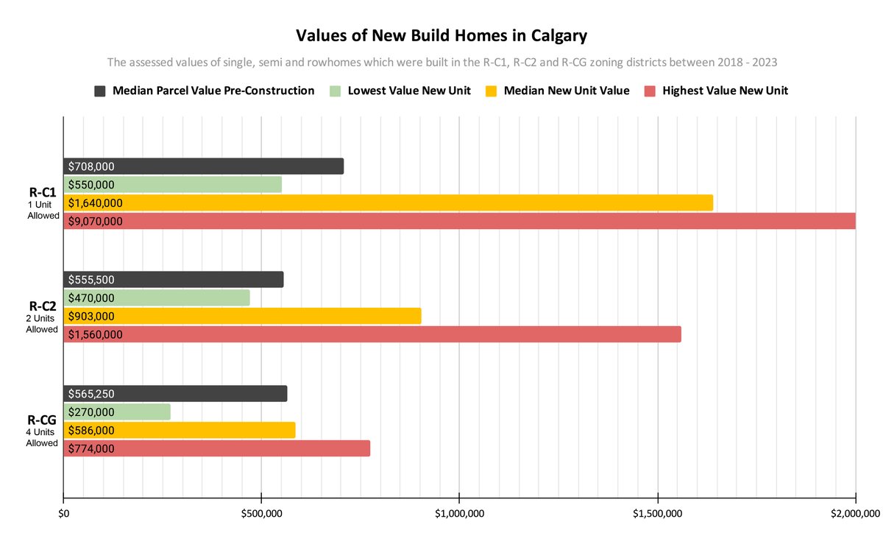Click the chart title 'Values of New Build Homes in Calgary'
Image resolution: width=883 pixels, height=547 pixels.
pyautogui.click(x=441, y=35)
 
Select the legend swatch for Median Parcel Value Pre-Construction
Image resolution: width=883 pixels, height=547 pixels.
pyautogui.click(x=100, y=91)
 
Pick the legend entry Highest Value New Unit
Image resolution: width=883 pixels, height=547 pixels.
pyautogui.click(x=725, y=91)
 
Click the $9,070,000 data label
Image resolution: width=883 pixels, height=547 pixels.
pyautogui.click(x=96, y=221)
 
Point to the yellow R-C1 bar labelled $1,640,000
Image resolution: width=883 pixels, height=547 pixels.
pyautogui.click(x=441, y=202)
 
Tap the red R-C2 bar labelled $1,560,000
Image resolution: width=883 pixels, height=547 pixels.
pyautogui.click(x=441, y=334)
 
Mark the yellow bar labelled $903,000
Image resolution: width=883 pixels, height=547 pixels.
pyautogui.click(x=294, y=316)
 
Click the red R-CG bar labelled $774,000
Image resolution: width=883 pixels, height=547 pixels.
pyautogui.click(x=258, y=448)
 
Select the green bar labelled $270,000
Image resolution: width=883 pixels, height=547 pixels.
pyautogui.click(x=147, y=412)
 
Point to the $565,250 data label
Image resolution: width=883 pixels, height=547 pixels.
pyautogui.click(x=91, y=394)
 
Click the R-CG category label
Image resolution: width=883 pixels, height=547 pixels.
pyautogui.click(x=42, y=420)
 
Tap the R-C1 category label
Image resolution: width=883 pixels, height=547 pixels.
pyautogui.click(x=42, y=192)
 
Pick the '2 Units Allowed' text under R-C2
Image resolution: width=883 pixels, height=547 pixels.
pyautogui.click(x=41, y=324)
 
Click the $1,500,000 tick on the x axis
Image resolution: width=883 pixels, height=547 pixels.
pyautogui.click(x=657, y=513)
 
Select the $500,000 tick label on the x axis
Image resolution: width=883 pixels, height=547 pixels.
pyautogui.click(x=261, y=513)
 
